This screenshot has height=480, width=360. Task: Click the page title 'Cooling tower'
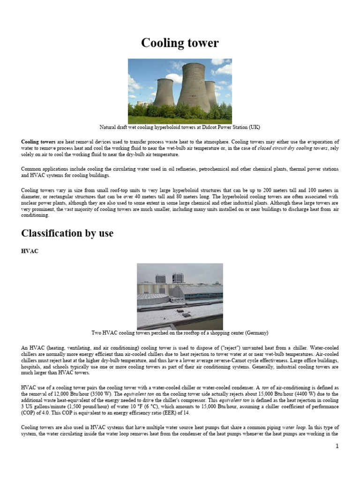tap(180, 43)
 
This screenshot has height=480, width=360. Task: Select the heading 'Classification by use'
tap(67, 233)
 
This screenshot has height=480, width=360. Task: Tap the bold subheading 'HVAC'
tap(30, 251)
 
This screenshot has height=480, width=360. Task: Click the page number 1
tap(337, 446)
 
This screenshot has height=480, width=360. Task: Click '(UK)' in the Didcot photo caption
tap(254, 127)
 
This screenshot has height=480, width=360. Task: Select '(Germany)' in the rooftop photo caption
tap(255, 333)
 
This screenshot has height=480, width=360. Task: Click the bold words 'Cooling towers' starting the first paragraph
tap(38, 142)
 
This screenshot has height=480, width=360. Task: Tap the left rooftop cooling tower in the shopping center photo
tap(160, 278)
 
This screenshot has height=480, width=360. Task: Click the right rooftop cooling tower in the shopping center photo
tap(177, 278)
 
